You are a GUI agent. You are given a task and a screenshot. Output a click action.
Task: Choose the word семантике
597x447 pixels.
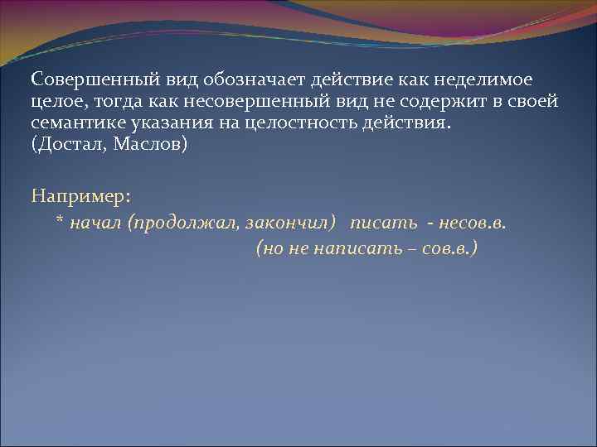pos(75,123)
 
